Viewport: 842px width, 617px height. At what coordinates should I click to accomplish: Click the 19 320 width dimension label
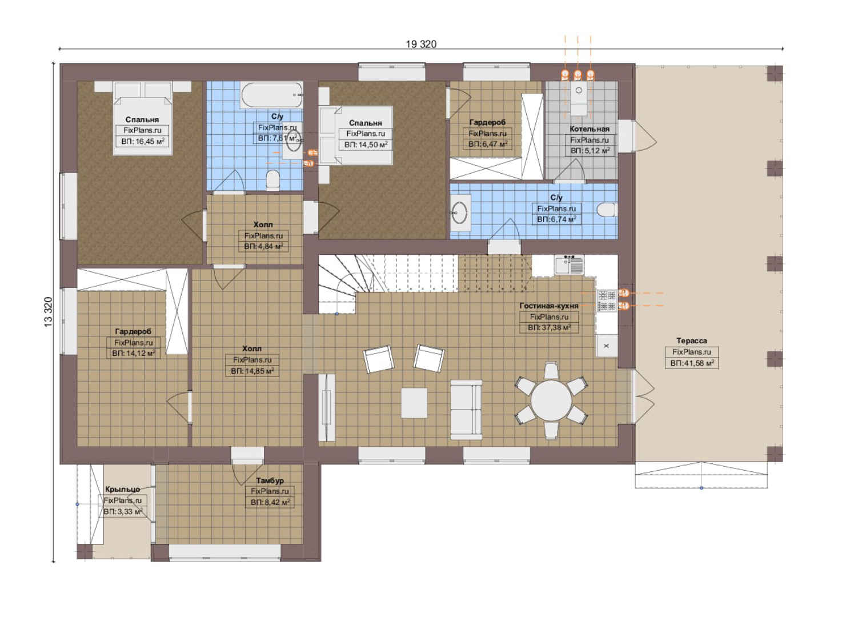(x=421, y=45)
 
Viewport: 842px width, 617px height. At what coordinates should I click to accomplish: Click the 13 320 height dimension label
(x=49, y=312)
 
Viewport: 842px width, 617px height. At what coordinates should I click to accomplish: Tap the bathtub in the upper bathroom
(x=271, y=95)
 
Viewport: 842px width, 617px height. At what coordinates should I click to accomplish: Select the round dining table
(x=551, y=400)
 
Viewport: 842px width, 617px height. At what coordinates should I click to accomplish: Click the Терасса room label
(x=692, y=341)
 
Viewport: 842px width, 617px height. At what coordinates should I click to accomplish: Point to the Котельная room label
(x=590, y=129)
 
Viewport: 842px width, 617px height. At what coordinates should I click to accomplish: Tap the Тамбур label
(x=270, y=480)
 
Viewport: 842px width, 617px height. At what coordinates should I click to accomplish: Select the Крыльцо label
(x=123, y=489)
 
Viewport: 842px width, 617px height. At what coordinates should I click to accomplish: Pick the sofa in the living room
(x=466, y=410)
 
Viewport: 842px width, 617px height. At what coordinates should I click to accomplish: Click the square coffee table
(x=414, y=403)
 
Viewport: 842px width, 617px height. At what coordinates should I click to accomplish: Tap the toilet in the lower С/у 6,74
(x=606, y=210)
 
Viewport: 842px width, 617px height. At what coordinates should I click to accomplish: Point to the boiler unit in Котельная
(x=579, y=98)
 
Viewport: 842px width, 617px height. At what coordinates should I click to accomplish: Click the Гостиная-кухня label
(x=549, y=306)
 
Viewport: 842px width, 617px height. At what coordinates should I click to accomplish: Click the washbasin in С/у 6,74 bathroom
(x=460, y=213)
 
